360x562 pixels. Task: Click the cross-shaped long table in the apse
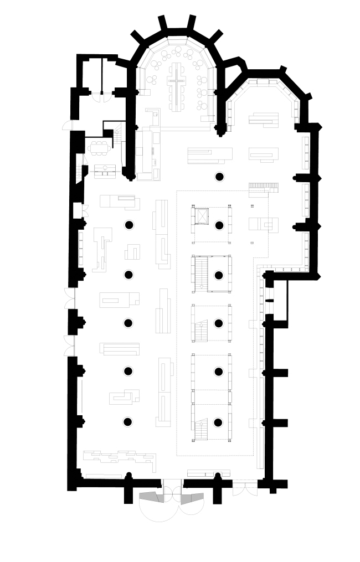click(x=177, y=83)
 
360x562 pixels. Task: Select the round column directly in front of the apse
click(x=219, y=177)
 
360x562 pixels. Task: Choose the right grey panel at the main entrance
click(x=192, y=497)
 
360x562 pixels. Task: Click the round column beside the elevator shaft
click(x=219, y=225)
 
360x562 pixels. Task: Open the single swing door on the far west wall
click(x=66, y=125)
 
